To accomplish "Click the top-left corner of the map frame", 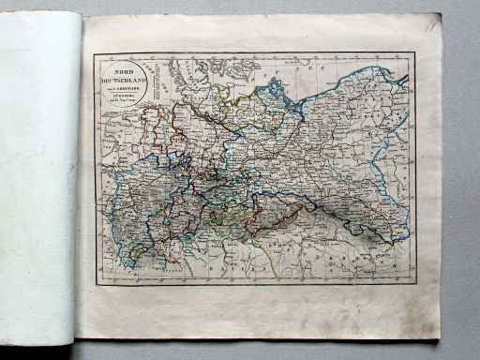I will [x=94, y=52].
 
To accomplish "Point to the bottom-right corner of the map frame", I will [x=413, y=282].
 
